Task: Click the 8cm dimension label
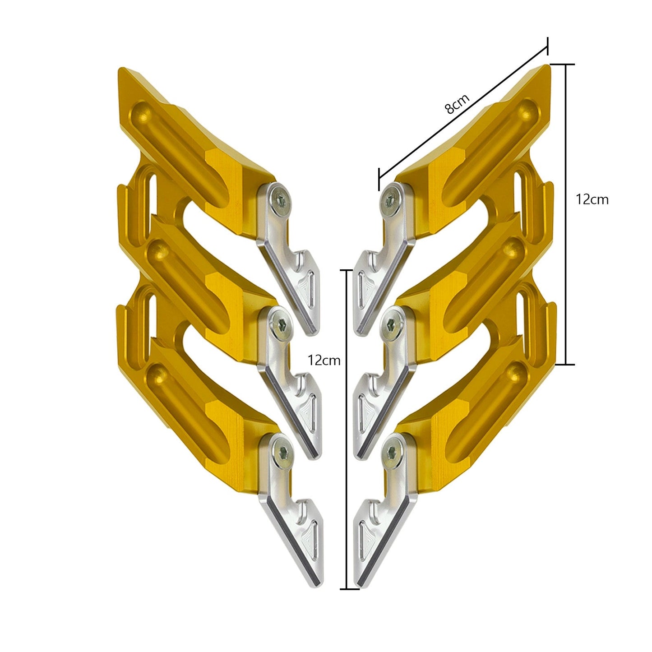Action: [x=457, y=103]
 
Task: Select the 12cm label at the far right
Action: [x=592, y=199]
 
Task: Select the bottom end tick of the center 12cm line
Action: [x=346, y=589]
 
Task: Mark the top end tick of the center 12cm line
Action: [x=346, y=270]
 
